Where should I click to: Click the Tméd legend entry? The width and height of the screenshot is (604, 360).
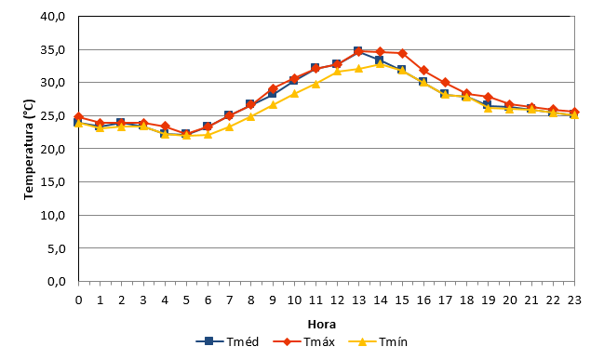click(x=227, y=341)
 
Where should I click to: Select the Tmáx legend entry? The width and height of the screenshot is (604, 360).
click(x=304, y=341)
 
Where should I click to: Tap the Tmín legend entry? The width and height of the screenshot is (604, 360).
click(x=378, y=341)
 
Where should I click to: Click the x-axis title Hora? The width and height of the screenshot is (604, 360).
click(x=322, y=325)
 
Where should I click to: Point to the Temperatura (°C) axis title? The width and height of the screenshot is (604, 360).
click(x=29, y=150)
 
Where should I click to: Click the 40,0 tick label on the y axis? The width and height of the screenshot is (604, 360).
click(x=53, y=17)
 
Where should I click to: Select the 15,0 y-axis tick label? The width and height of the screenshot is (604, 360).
click(x=53, y=182)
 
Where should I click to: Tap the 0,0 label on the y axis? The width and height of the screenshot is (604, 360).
click(x=57, y=282)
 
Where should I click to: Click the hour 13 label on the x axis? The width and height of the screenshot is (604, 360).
click(x=358, y=300)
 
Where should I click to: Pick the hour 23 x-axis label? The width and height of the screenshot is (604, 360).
click(x=574, y=300)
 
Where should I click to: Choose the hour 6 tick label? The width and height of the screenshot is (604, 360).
click(x=208, y=300)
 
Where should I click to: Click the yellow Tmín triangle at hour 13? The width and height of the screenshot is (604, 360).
click(x=358, y=69)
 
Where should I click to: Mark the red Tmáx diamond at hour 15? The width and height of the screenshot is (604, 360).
click(x=402, y=53)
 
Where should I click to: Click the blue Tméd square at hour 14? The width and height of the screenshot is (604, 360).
click(x=380, y=60)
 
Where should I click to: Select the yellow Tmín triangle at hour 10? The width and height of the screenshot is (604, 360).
click(x=294, y=94)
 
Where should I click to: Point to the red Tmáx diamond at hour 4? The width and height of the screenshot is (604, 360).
click(x=165, y=126)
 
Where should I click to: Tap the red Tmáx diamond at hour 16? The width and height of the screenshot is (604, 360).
click(x=423, y=70)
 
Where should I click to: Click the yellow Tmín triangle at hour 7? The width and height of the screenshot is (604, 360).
click(x=229, y=127)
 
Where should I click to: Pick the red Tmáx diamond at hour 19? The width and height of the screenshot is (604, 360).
click(x=488, y=97)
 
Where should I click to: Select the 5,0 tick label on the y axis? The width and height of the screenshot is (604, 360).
click(x=57, y=248)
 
